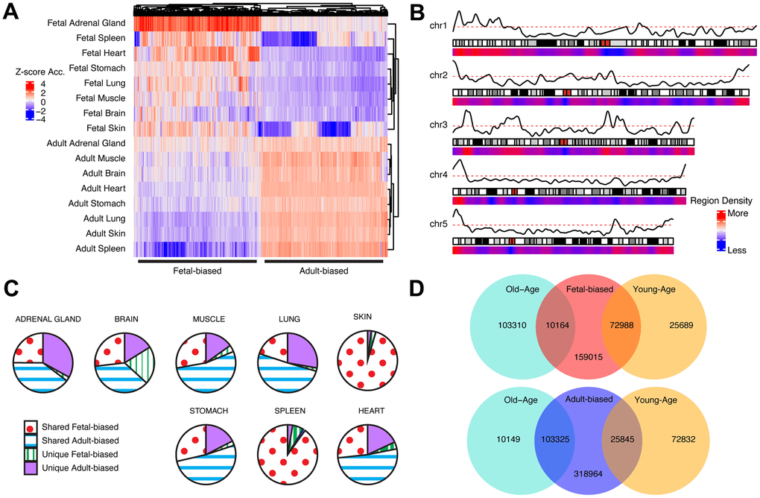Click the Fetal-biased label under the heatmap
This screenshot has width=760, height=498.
click(197, 271)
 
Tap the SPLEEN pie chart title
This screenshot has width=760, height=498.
click(288, 410)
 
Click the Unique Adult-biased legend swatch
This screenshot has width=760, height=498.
click(31, 468)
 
